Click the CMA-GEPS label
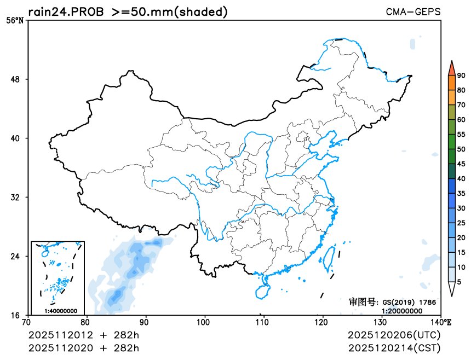(413, 11)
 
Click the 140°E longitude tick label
(443, 322)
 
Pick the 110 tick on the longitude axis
(263, 322)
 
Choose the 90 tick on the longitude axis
(145, 322)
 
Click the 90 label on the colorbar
(461, 76)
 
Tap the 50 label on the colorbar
(461, 149)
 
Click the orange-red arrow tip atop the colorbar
(451, 67)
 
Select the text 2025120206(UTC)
(394, 334)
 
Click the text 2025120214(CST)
(394, 347)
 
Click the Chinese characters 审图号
(363, 301)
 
